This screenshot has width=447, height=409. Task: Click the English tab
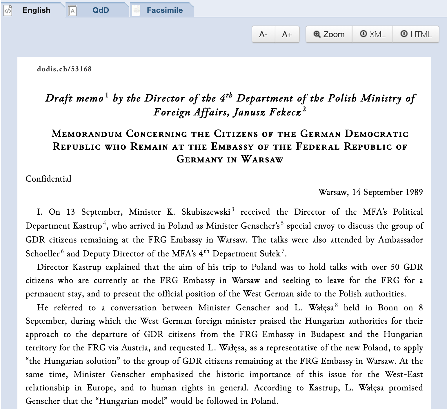pyautogui.click(x=36, y=10)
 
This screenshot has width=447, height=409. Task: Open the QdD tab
pyautogui.click(x=101, y=10)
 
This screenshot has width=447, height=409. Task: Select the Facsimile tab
pyautogui.click(x=164, y=10)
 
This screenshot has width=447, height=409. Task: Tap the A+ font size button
pyautogui.click(x=287, y=35)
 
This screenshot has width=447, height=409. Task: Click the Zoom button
pyautogui.click(x=329, y=35)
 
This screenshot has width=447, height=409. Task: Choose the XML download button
pyautogui.click(x=373, y=35)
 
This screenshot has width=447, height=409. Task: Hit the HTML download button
pyautogui.click(x=416, y=35)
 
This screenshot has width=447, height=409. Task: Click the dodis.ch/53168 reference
pyautogui.click(x=64, y=69)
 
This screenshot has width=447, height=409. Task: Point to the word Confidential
pyautogui.click(x=48, y=179)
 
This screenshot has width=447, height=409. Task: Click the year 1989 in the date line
pyautogui.click(x=414, y=192)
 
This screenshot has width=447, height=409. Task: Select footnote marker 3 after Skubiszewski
pyautogui.click(x=233, y=209)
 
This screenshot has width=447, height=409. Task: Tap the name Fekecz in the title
pyautogui.click(x=285, y=112)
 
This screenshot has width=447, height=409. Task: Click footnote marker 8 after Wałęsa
pyautogui.click(x=336, y=305)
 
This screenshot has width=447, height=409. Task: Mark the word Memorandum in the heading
pyautogui.click(x=87, y=134)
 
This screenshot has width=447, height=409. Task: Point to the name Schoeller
pyautogui.click(x=42, y=254)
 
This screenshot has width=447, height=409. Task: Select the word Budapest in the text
pyautogui.click(x=328, y=334)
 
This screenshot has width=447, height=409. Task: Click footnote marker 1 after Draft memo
pyautogui.click(x=107, y=95)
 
